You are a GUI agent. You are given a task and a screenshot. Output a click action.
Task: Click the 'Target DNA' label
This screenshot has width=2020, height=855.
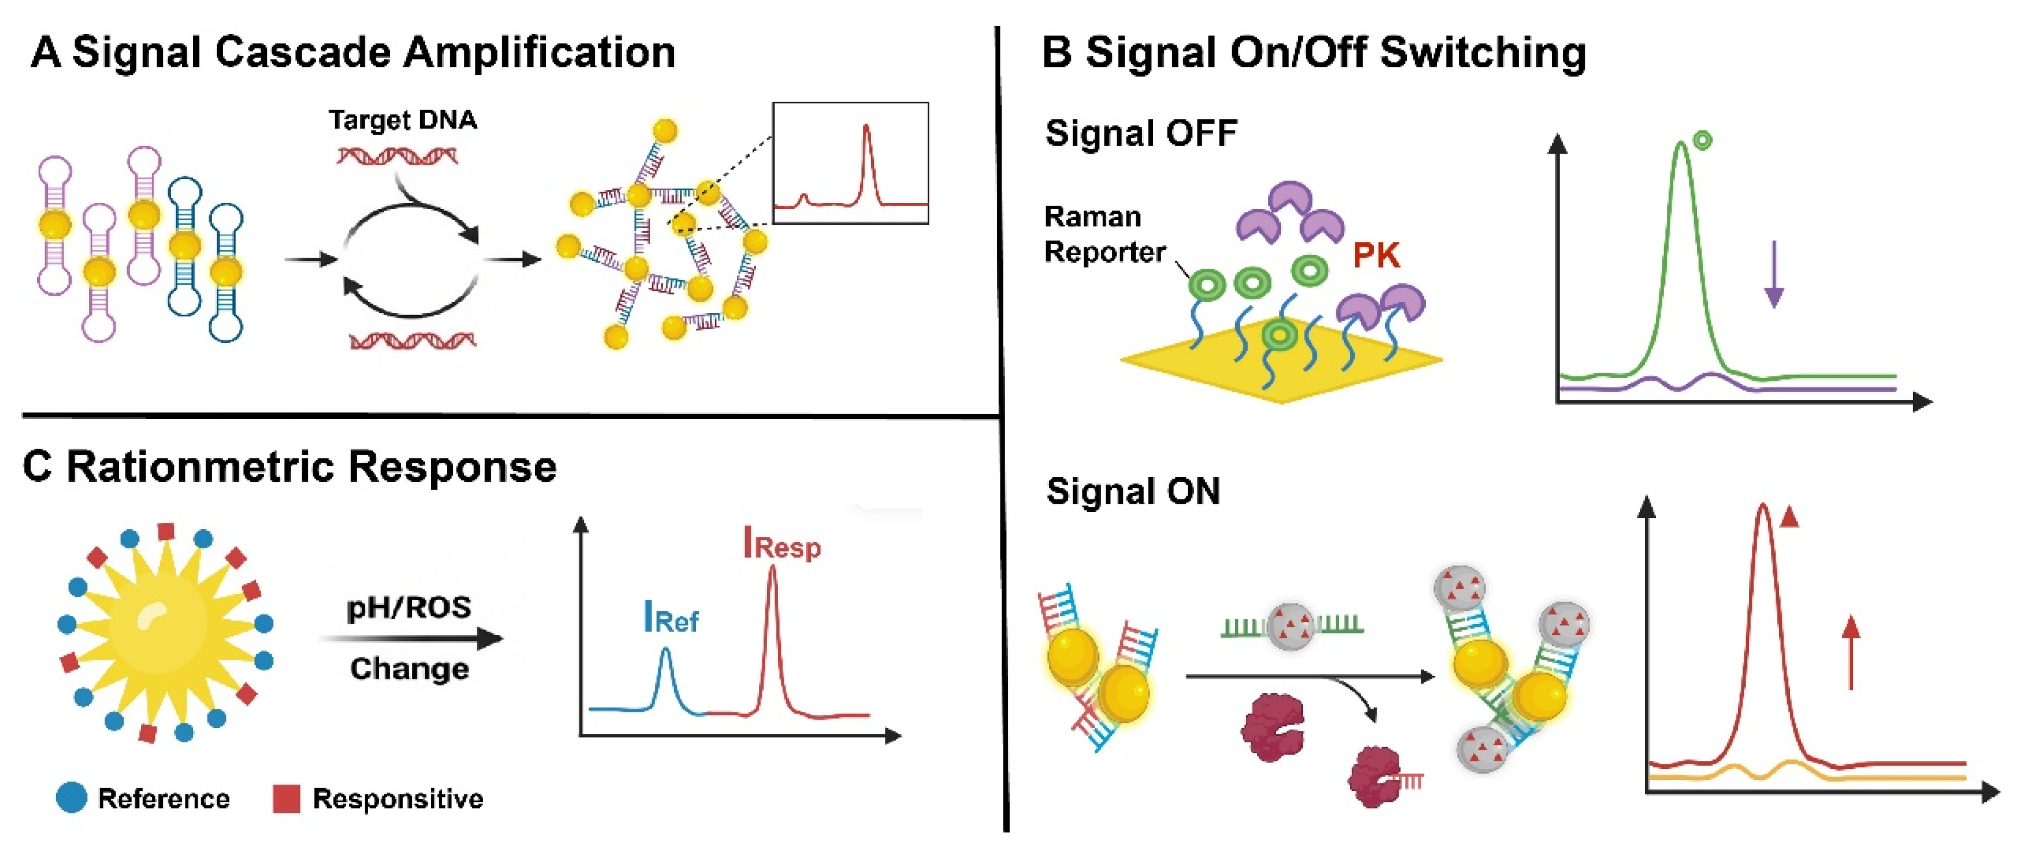click(402, 120)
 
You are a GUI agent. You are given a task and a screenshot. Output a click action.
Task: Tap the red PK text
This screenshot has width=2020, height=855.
click(1376, 255)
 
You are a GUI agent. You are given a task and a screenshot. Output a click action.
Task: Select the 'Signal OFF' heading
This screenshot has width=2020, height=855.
click(1141, 133)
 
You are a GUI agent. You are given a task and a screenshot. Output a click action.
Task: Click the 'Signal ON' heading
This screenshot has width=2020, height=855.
click(1133, 492)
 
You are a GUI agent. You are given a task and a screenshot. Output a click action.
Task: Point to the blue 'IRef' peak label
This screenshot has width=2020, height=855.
click(670, 618)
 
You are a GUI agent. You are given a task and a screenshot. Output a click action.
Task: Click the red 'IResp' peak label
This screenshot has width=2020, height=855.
click(782, 544)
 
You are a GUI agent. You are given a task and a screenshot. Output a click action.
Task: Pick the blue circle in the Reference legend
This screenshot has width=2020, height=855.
click(71, 797)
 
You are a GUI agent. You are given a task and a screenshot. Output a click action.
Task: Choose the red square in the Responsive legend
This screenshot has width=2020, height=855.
click(286, 798)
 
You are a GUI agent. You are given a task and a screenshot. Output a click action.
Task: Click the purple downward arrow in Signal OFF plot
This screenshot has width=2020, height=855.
click(1774, 274)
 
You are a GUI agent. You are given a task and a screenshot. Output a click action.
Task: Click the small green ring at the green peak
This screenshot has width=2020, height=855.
click(1702, 141)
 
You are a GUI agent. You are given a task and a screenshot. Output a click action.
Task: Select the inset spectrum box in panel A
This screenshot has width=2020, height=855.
click(850, 163)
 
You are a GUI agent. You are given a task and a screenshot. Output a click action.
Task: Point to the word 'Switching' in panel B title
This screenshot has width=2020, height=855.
click(1482, 53)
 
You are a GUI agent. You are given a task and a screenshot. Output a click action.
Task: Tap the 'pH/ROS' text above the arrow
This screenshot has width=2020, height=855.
click(409, 607)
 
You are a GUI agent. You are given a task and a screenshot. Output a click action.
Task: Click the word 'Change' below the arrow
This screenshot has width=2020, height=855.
click(409, 668)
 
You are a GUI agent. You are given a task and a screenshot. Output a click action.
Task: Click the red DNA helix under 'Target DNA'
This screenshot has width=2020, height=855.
click(398, 157)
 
